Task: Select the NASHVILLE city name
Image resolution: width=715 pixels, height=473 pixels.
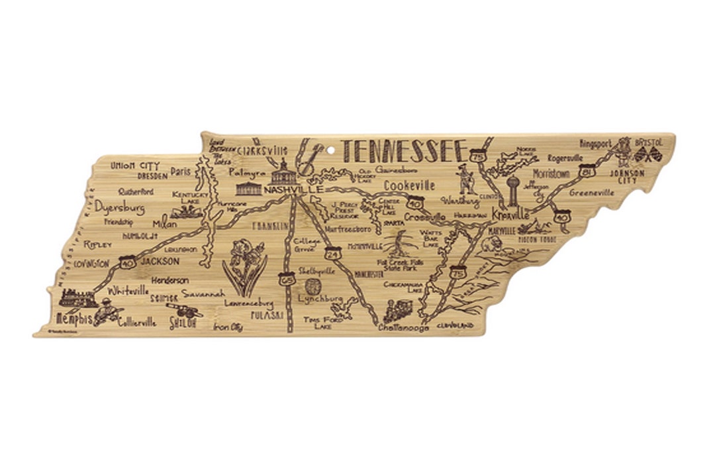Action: tap(293, 189)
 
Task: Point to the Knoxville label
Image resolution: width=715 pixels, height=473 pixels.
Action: tap(510, 215)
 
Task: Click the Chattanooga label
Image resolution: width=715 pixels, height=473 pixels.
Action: tap(403, 327)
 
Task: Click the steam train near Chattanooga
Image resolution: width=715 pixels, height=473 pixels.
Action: tap(398, 310)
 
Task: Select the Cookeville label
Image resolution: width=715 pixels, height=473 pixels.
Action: tap(409, 185)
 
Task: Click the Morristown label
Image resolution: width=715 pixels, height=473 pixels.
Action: tap(551, 174)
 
